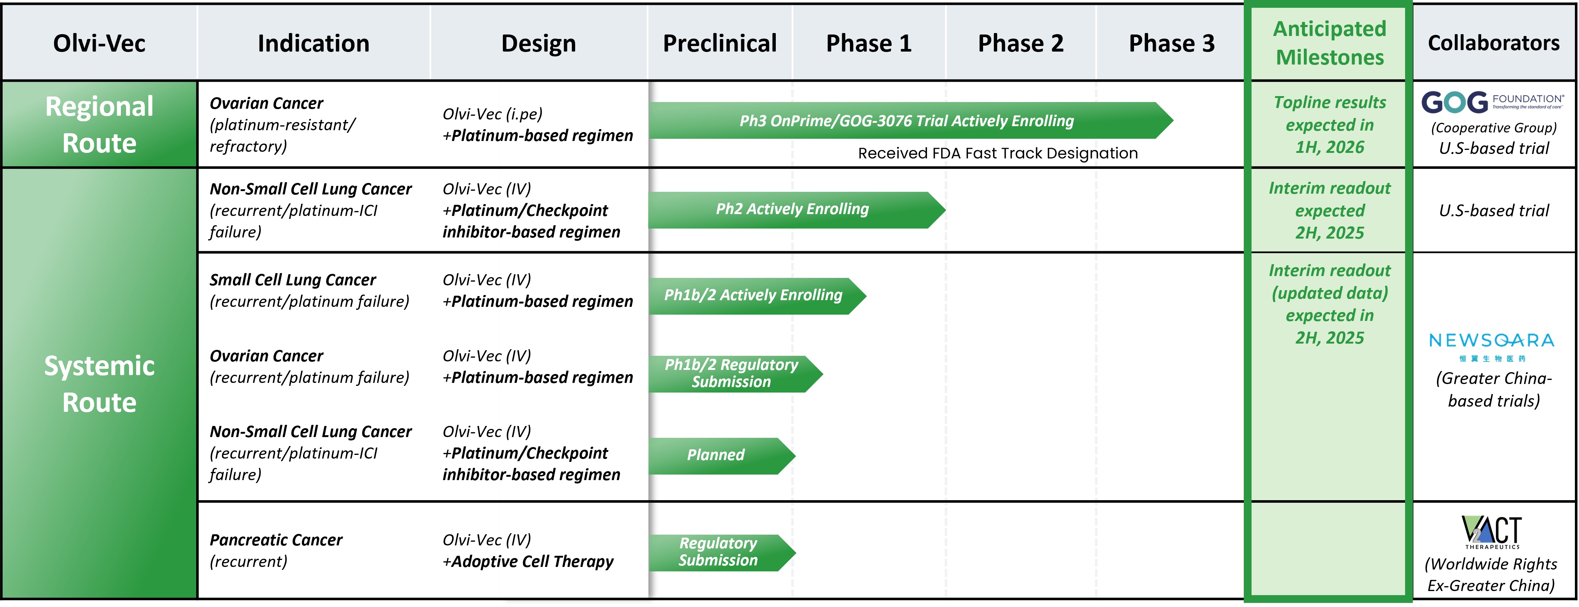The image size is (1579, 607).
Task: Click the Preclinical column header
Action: (720, 43)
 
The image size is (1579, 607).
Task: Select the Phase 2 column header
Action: (1021, 43)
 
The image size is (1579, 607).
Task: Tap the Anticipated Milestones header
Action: (1329, 43)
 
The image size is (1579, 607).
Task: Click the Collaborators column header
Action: (1493, 43)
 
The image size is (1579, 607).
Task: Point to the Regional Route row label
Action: (99, 124)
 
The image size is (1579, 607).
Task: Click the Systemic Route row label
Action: (99, 384)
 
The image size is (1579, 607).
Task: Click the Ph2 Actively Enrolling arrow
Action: (797, 210)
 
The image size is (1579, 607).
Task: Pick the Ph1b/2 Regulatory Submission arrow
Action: (736, 373)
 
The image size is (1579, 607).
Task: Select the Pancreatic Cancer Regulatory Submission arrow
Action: (722, 552)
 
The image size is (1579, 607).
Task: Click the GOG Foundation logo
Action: (1493, 102)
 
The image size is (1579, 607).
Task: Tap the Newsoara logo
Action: (1491, 347)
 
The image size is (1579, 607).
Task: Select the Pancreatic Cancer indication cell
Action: (276, 551)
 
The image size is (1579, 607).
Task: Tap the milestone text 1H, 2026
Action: (1329, 147)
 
